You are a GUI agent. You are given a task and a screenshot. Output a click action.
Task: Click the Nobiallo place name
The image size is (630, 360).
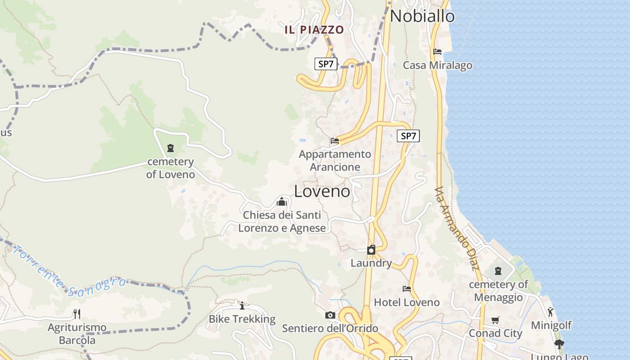pyautogui.click(x=422, y=16)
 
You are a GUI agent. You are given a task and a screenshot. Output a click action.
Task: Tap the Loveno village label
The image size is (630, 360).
pyautogui.click(x=322, y=191)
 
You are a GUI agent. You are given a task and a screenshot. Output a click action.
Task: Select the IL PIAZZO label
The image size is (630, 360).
pyautogui.click(x=314, y=30)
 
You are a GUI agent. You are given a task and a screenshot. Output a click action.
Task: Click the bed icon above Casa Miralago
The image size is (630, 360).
pyautogui.click(x=437, y=52)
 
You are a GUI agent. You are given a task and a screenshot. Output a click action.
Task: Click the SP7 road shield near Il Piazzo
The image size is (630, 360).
pyautogui.click(x=326, y=64)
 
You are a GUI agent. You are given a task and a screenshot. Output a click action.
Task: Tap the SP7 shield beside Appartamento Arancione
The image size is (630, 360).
pyautogui.click(x=408, y=136)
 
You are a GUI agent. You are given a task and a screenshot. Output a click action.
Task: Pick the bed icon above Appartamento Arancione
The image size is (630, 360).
pyautogui.click(x=334, y=141)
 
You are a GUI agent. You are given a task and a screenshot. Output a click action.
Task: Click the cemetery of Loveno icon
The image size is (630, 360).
pyautogui.click(x=171, y=148)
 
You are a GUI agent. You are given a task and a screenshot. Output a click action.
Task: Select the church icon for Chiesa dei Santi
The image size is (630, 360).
pyautogui.click(x=282, y=202)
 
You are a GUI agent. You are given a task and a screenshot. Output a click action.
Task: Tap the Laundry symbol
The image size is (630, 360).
pyautogui.click(x=371, y=250)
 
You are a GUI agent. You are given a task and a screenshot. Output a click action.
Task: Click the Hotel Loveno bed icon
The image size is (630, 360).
pyautogui.click(x=407, y=288)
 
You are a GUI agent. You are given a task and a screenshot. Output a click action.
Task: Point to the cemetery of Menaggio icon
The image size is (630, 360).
pyautogui.click(x=498, y=271)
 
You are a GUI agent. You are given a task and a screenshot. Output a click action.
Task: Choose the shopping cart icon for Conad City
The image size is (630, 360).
pyautogui.click(x=495, y=320)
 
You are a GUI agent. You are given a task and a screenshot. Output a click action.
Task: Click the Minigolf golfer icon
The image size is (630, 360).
pyautogui.click(x=550, y=311)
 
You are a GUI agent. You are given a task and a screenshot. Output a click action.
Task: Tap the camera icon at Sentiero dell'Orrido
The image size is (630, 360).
pyautogui.click(x=330, y=315)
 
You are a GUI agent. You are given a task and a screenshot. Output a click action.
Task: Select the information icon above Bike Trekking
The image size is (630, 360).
pyautogui.click(x=242, y=306)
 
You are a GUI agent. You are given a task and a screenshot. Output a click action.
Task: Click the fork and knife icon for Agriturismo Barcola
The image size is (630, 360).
pyautogui.click(x=77, y=314)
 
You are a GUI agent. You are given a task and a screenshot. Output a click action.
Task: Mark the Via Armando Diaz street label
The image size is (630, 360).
pyautogui.click(x=457, y=228)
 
